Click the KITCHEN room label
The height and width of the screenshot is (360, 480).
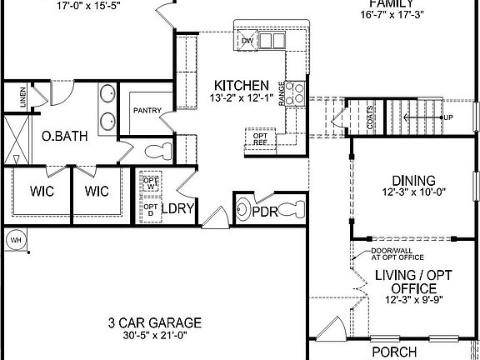coord(242,85)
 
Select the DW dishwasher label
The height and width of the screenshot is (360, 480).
coord(247,40)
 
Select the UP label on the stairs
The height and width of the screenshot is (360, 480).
coord(447,117)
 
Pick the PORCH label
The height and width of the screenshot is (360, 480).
coord(392,351)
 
